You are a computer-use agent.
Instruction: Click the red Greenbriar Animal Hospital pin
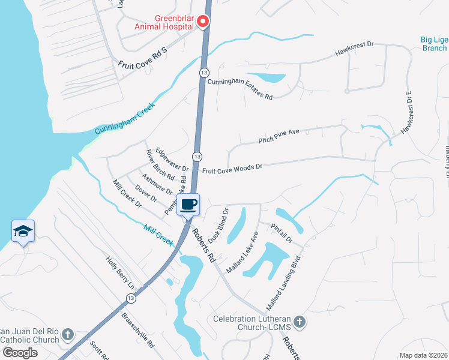(203, 23)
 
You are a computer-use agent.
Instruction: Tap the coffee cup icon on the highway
(188, 204)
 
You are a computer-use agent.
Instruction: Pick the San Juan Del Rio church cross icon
(68, 334)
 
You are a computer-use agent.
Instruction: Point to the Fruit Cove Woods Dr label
(232, 169)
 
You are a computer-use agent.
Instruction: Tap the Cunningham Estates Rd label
(240, 89)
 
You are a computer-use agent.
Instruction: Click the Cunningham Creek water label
(125, 118)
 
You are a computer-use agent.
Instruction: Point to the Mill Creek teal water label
(159, 235)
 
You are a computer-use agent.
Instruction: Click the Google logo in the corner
(20, 353)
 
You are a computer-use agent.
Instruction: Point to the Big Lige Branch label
(434, 44)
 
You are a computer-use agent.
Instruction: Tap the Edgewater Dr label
(172, 160)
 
